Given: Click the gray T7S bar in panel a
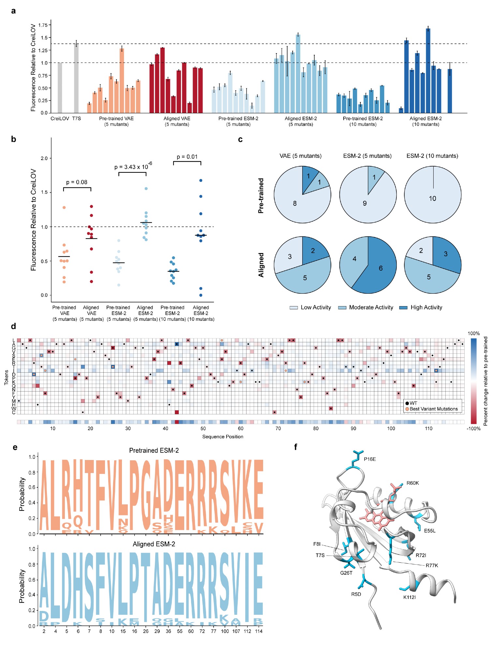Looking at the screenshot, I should point(76,78).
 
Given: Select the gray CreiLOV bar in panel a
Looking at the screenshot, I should point(60,88).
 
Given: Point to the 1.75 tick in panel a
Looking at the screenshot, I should point(43,25).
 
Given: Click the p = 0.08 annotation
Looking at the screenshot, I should point(77,182).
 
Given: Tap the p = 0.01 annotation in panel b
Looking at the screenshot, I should point(187,157).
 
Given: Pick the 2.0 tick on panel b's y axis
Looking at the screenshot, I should point(44,158).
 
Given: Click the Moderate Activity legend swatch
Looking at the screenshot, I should point(342,307).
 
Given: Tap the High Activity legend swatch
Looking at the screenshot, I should point(403,307).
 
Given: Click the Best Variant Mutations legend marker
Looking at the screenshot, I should point(407,409).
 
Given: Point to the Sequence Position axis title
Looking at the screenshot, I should point(223,437).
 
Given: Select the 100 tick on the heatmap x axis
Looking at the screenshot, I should point(391,428).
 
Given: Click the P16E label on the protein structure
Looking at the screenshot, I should point(370,459).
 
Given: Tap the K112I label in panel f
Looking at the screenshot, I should point(410,597).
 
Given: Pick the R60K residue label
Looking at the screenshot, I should point(412,483).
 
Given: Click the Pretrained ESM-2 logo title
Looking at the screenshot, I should point(154,451).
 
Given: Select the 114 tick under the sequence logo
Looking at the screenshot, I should point(259,631).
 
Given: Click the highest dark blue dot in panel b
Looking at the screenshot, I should point(201,180).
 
